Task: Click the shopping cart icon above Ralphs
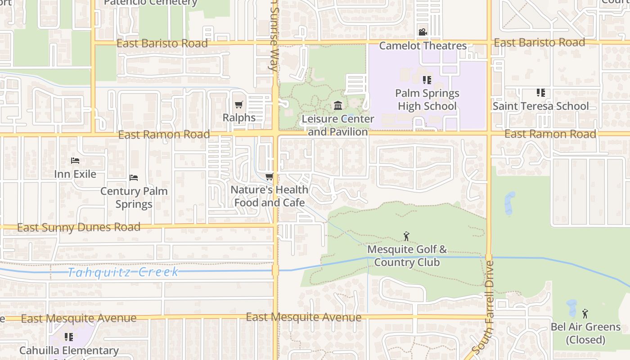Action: [x=238, y=105]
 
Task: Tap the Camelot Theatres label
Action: [x=423, y=45]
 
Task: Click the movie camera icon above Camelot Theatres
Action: [x=423, y=32]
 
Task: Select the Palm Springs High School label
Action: [x=427, y=99]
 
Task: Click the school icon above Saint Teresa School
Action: [x=540, y=93]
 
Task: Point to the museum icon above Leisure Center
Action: [x=337, y=106]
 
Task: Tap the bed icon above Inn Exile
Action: [x=75, y=161]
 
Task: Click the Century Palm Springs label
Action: [x=134, y=197]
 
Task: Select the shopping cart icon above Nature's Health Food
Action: [x=269, y=177]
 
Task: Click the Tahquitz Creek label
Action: [x=123, y=272]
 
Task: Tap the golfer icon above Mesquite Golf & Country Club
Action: [x=406, y=236]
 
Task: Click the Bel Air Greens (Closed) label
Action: [x=585, y=333]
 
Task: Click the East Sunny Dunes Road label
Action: [x=79, y=227]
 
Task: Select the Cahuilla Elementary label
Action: [x=69, y=351]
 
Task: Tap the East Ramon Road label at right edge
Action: [x=550, y=134]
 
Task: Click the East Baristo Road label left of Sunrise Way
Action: [x=162, y=43]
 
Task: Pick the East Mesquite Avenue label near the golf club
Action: [x=303, y=317]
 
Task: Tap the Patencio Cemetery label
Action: [x=150, y=3]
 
